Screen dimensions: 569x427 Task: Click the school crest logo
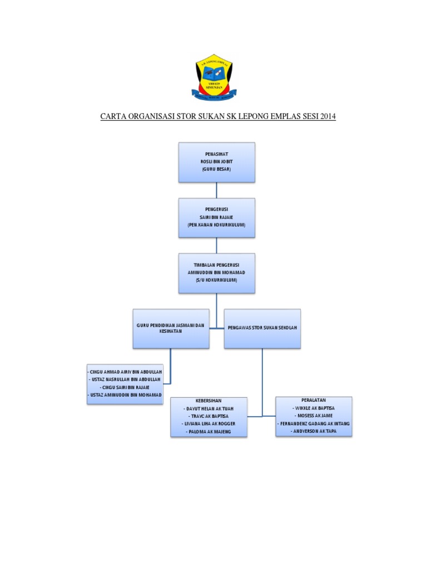click(216, 78)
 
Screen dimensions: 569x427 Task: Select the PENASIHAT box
click(216, 162)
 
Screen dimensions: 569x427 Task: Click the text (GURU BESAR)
click(216, 169)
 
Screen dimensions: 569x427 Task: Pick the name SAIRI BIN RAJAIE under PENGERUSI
click(216, 217)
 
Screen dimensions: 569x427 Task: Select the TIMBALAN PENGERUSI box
click(216, 273)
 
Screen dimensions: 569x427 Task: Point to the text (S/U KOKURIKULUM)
click(216, 281)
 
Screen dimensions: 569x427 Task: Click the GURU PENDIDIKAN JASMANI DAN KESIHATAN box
click(171, 328)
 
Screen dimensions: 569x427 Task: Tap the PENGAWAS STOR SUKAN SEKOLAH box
click(262, 328)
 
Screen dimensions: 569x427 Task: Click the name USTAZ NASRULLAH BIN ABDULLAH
click(125, 379)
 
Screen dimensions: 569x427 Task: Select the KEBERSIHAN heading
click(208, 401)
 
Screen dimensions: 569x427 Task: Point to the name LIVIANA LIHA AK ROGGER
click(208, 423)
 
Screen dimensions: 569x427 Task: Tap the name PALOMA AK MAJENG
click(208, 432)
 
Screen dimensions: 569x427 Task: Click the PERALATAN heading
click(314, 400)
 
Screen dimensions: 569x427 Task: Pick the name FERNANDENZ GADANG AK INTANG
click(314, 423)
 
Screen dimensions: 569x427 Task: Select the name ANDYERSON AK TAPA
click(314, 431)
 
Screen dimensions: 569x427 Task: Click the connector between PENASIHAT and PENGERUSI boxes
click(216, 190)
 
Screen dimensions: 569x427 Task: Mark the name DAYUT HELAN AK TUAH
click(208, 408)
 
